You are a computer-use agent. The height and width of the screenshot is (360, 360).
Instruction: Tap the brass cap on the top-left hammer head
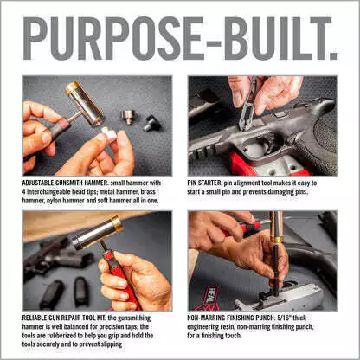pos(71,87)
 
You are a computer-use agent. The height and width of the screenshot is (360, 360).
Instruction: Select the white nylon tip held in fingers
pos(109,134)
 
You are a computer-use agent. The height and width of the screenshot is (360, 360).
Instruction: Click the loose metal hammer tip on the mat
pos(127,117)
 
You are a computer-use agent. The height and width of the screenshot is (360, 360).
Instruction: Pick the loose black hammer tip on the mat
pos(151,123)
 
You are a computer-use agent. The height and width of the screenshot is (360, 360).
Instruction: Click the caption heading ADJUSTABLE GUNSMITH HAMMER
pos(65,183)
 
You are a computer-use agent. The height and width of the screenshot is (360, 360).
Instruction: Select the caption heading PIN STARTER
pos(204,183)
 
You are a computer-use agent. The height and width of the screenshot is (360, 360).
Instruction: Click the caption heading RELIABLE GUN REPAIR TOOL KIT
pos(64,318)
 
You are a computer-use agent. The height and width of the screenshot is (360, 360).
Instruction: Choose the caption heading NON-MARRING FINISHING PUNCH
pos(231,318)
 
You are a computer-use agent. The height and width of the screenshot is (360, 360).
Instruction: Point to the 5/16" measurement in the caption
pos(285,318)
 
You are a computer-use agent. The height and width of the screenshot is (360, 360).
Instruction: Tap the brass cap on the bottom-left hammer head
pos(117,224)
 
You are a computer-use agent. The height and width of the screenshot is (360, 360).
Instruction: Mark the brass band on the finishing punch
pos(277,240)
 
